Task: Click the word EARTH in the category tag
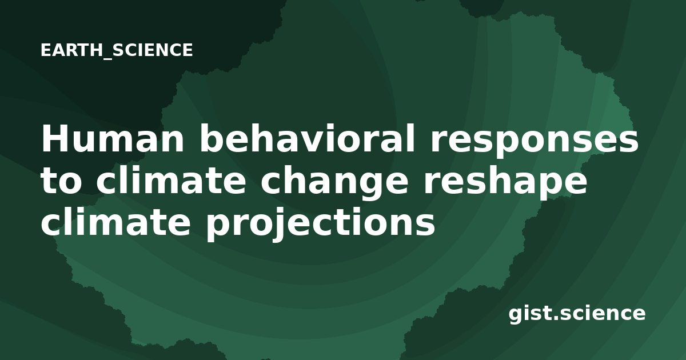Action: (71, 50)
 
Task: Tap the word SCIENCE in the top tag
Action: (153, 50)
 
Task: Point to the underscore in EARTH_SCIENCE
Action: (108, 58)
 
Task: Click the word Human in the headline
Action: (113, 138)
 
